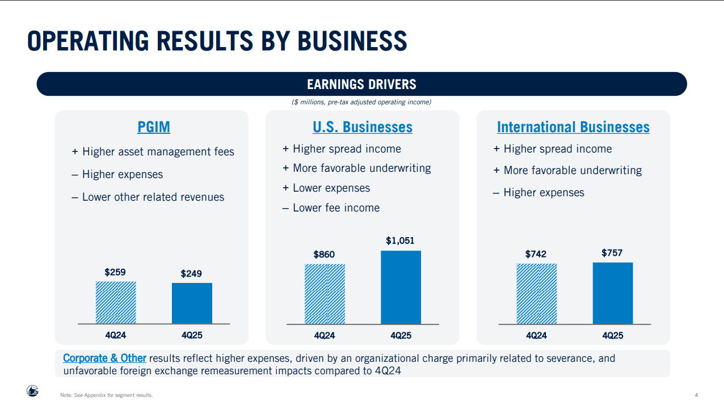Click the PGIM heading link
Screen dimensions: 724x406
click(154, 127)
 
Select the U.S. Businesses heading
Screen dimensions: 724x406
click(363, 127)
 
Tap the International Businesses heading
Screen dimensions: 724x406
click(573, 127)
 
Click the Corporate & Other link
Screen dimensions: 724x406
click(104, 358)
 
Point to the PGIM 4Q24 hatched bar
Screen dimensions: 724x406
click(116, 302)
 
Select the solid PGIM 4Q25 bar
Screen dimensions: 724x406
click(192, 303)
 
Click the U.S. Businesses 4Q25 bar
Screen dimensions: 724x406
click(401, 287)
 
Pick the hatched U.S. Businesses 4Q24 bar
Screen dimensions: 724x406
click(325, 294)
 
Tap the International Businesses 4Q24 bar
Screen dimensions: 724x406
click(537, 294)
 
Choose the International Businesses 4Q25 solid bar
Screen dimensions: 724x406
click(613, 293)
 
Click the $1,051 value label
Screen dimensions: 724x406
click(400, 240)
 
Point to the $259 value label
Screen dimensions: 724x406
click(115, 272)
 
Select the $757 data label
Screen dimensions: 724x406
click(612, 253)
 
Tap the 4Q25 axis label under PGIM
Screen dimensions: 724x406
click(192, 335)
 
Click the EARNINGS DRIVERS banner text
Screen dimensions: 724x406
click(361, 84)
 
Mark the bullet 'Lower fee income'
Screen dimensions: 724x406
click(331, 208)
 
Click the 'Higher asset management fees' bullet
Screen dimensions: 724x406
click(153, 152)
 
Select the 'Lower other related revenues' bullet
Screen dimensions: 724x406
click(148, 197)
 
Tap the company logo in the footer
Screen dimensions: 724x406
click(32, 391)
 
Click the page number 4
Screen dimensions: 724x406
click(696, 395)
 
